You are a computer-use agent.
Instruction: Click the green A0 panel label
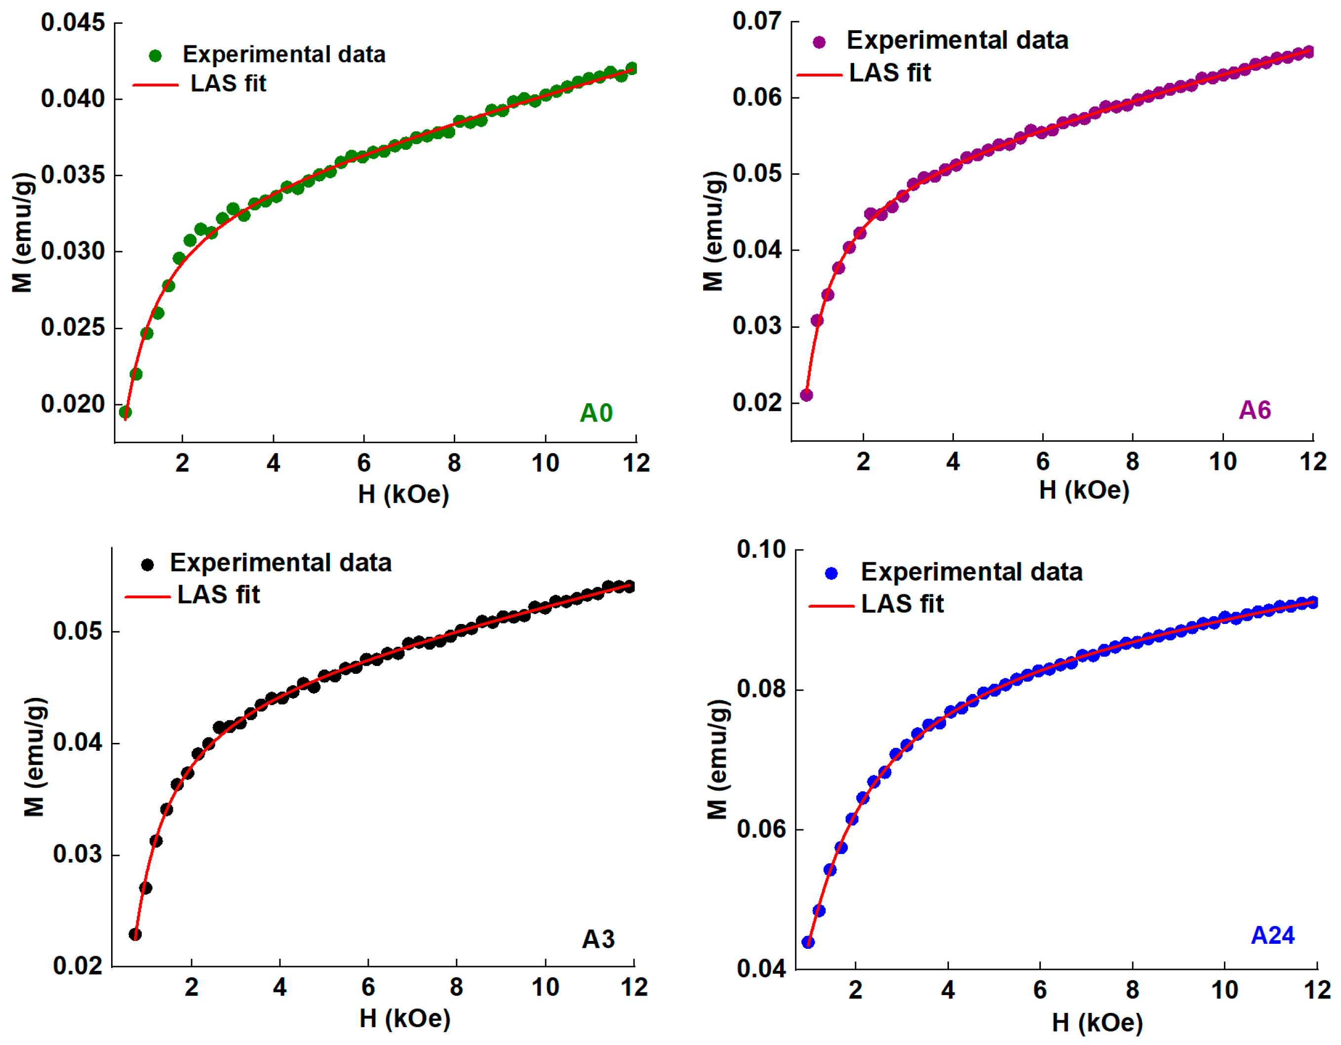(x=595, y=413)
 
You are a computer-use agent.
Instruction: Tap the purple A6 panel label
(x=1255, y=410)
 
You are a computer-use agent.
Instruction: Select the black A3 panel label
(x=597, y=939)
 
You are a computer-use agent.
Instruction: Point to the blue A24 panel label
(x=1272, y=935)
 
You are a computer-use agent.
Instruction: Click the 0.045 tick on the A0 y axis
(x=73, y=23)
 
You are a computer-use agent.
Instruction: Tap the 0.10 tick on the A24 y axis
(x=761, y=549)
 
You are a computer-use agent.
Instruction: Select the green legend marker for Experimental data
(x=156, y=56)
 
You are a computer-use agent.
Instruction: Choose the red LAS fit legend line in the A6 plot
(x=819, y=75)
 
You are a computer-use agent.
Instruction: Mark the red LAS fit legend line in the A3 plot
(x=147, y=596)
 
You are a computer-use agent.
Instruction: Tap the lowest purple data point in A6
(x=807, y=395)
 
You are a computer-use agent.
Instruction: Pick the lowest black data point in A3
(x=135, y=934)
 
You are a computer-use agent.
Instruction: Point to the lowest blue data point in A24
(x=808, y=942)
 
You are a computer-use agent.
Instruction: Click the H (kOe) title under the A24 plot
(x=1097, y=1023)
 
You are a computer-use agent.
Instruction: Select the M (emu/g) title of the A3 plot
(x=35, y=756)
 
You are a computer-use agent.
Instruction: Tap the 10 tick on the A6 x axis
(x=1222, y=462)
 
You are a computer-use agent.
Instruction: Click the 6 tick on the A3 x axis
(x=368, y=987)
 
